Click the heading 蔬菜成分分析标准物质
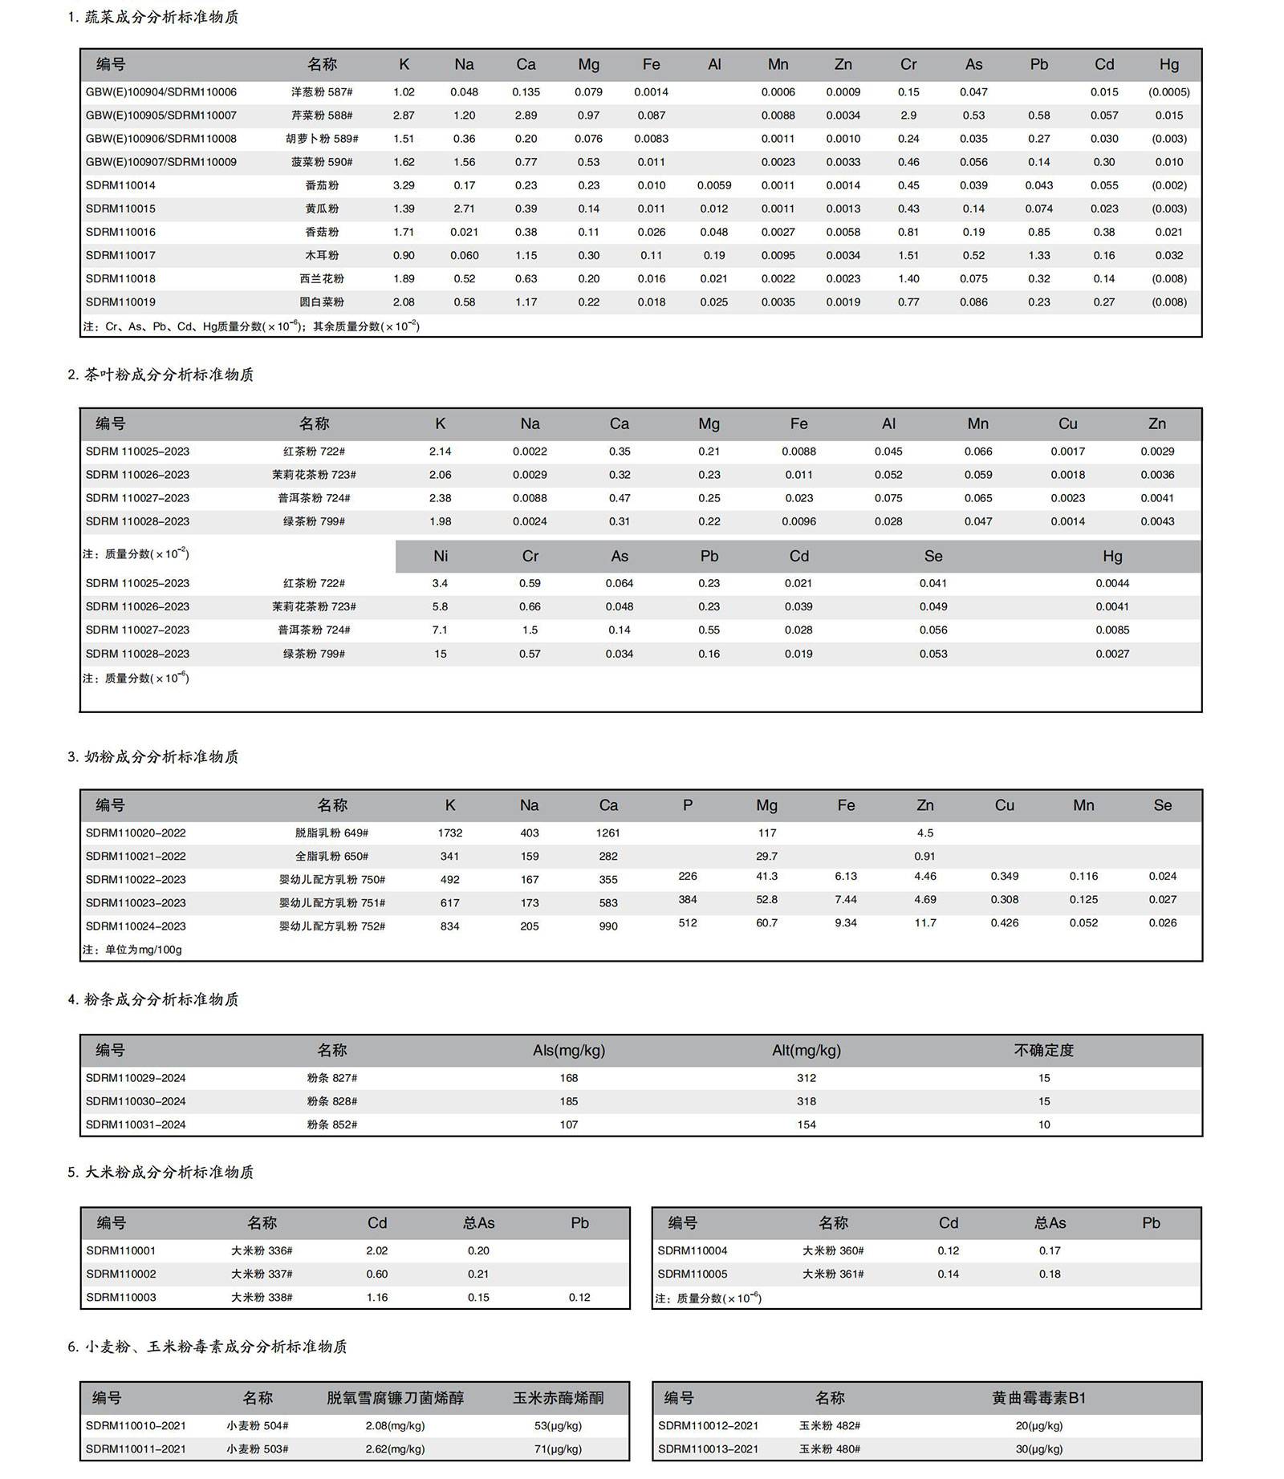(x=161, y=17)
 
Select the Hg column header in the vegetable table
(x=1168, y=64)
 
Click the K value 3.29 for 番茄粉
(x=404, y=185)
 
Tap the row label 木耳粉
(x=322, y=255)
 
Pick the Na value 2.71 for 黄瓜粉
(x=464, y=209)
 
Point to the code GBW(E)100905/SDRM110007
(x=161, y=115)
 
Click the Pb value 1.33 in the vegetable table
(x=1038, y=255)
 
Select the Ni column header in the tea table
(x=441, y=556)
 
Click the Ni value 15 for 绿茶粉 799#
(x=441, y=654)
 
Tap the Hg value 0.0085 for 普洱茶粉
(x=1112, y=630)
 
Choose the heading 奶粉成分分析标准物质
(x=161, y=756)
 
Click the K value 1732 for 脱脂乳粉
(x=449, y=833)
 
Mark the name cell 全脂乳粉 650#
(x=331, y=856)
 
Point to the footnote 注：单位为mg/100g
(x=133, y=949)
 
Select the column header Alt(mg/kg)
(x=806, y=1050)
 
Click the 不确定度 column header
(x=1043, y=1050)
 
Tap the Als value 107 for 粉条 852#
(x=568, y=1124)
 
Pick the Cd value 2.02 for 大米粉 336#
(x=376, y=1250)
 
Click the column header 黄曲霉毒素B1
(x=1038, y=1398)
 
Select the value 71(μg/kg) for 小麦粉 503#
(x=558, y=1449)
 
